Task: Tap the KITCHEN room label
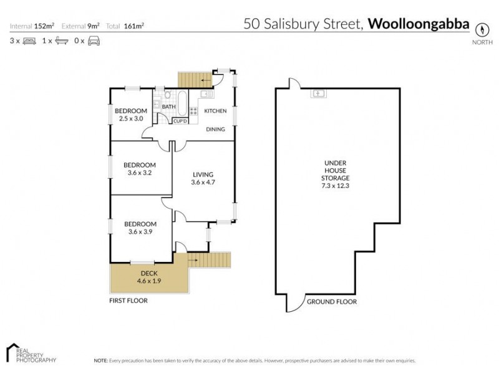tap(216, 111)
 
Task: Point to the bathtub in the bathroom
tap(182, 103)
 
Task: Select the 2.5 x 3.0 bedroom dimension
tap(131, 119)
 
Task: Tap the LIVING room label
tap(203, 174)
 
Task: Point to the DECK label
tap(148, 273)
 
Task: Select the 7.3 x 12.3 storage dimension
tap(336, 186)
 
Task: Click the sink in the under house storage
tap(317, 94)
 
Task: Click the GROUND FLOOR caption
tap(332, 302)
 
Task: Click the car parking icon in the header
tap(94, 41)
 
